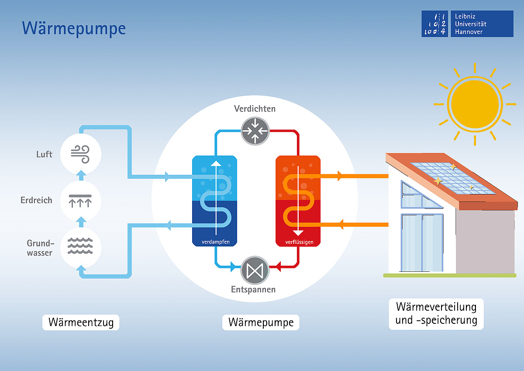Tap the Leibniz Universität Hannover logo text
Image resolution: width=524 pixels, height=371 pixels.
coord(470,24)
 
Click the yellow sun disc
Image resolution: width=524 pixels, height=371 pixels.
coord(475,104)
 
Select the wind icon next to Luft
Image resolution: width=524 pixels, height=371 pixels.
coord(80,154)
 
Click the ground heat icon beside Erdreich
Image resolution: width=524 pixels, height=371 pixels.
coord(80,201)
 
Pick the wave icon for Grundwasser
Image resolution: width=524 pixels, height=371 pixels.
coord(80,246)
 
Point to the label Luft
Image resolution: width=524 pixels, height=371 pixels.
coord(44,154)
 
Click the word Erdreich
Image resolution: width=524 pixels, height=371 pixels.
coord(36,200)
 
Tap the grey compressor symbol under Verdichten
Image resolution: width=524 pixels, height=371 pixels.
coord(255,131)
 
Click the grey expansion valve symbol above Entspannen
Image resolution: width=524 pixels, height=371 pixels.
coord(255,270)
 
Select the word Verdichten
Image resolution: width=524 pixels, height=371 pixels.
coord(255,109)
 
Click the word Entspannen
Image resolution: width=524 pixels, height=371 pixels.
coord(253,290)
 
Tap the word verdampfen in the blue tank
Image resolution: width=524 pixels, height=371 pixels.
coord(215,242)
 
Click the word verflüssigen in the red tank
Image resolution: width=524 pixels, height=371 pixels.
coord(299,242)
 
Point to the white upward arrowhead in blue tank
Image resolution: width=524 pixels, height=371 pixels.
coord(216,163)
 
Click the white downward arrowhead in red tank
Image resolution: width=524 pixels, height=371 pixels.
coord(298,233)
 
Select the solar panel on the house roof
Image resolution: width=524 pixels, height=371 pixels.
coord(453,178)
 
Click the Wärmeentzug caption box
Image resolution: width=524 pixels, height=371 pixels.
coord(81,322)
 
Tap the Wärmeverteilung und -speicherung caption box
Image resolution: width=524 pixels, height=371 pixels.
coord(436,314)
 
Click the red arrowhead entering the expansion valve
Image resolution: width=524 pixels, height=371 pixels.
coord(278,267)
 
